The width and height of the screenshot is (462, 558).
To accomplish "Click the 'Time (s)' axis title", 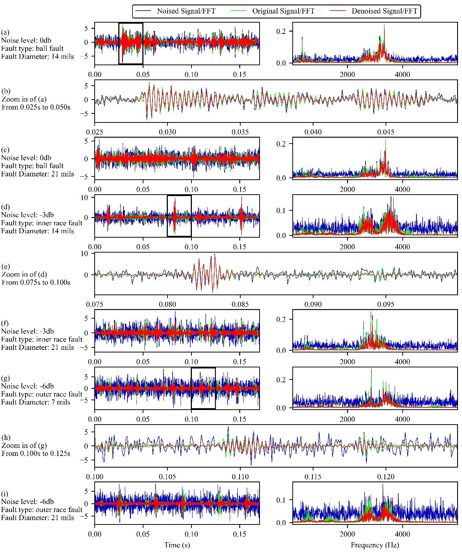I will (x=177, y=545).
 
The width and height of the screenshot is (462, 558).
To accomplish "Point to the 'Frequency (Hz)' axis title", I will (x=375, y=545).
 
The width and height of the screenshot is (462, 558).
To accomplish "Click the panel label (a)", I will (x=5, y=32).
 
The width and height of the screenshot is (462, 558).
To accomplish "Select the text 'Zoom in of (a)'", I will (x=24, y=99).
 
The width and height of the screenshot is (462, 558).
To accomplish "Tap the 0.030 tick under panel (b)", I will (x=167, y=132).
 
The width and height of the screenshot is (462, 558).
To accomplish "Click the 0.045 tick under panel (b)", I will (x=386, y=132).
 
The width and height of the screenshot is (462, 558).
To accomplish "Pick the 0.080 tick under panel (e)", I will (x=167, y=304).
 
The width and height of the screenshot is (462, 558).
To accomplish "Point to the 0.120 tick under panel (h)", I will (x=386, y=476).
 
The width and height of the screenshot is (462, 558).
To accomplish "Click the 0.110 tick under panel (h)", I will (x=240, y=476).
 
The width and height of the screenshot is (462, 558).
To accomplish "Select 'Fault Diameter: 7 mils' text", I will (x=36, y=402).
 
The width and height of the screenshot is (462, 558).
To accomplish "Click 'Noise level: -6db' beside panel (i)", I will (x=27, y=502).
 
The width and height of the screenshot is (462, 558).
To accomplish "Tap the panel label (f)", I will (x=5, y=323).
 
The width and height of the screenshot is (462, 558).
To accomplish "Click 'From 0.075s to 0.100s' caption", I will (x=36, y=282).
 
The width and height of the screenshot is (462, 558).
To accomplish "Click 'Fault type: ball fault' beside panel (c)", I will (x=32, y=166).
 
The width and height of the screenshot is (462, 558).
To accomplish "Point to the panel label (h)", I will (x=6, y=437).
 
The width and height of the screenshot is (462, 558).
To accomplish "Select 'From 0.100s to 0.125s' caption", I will (x=36, y=453).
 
